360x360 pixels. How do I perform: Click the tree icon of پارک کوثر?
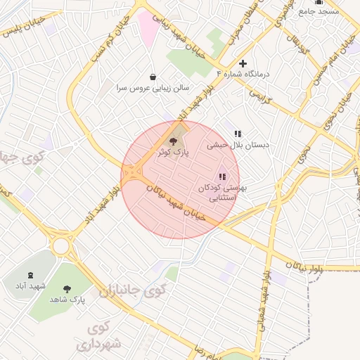point(174,142)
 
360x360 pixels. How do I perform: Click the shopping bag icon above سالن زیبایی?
point(153,77)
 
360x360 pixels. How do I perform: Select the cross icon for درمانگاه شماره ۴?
point(243,63)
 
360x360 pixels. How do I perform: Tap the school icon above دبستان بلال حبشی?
point(238,133)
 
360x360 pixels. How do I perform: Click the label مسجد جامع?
point(319,11)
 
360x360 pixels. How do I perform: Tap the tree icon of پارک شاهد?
point(67,288)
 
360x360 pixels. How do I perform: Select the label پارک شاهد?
point(67,300)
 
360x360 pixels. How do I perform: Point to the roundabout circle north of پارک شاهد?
point(61,245)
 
